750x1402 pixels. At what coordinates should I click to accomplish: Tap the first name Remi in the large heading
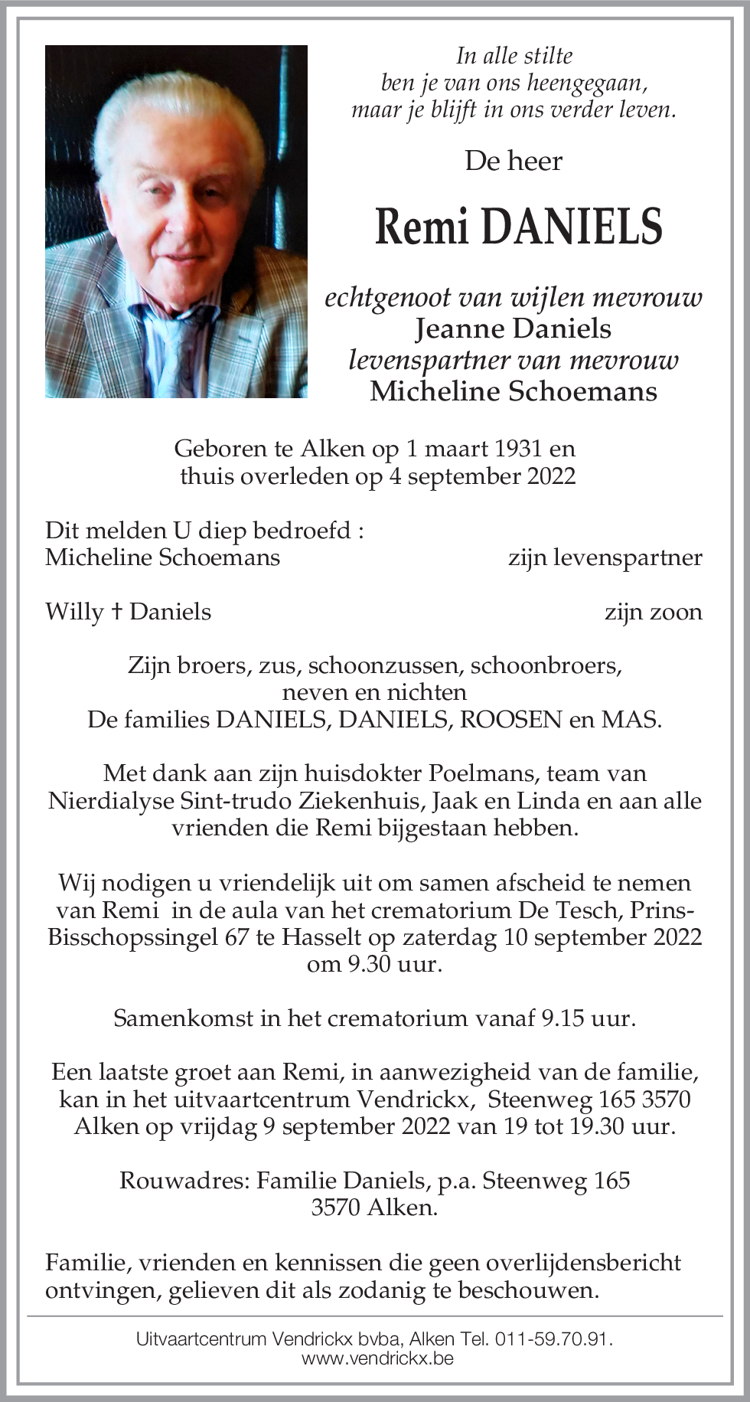pyautogui.click(x=421, y=227)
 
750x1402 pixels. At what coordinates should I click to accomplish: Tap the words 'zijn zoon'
pyautogui.click(x=653, y=612)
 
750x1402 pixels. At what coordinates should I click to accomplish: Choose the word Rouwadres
pyautogui.click(x=184, y=1180)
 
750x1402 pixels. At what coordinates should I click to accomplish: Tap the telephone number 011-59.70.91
pyautogui.click(x=553, y=1339)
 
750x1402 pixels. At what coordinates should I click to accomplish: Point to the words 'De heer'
pyautogui.click(x=514, y=161)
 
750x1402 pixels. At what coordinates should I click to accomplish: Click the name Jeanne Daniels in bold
pyautogui.click(x=514, y=328)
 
